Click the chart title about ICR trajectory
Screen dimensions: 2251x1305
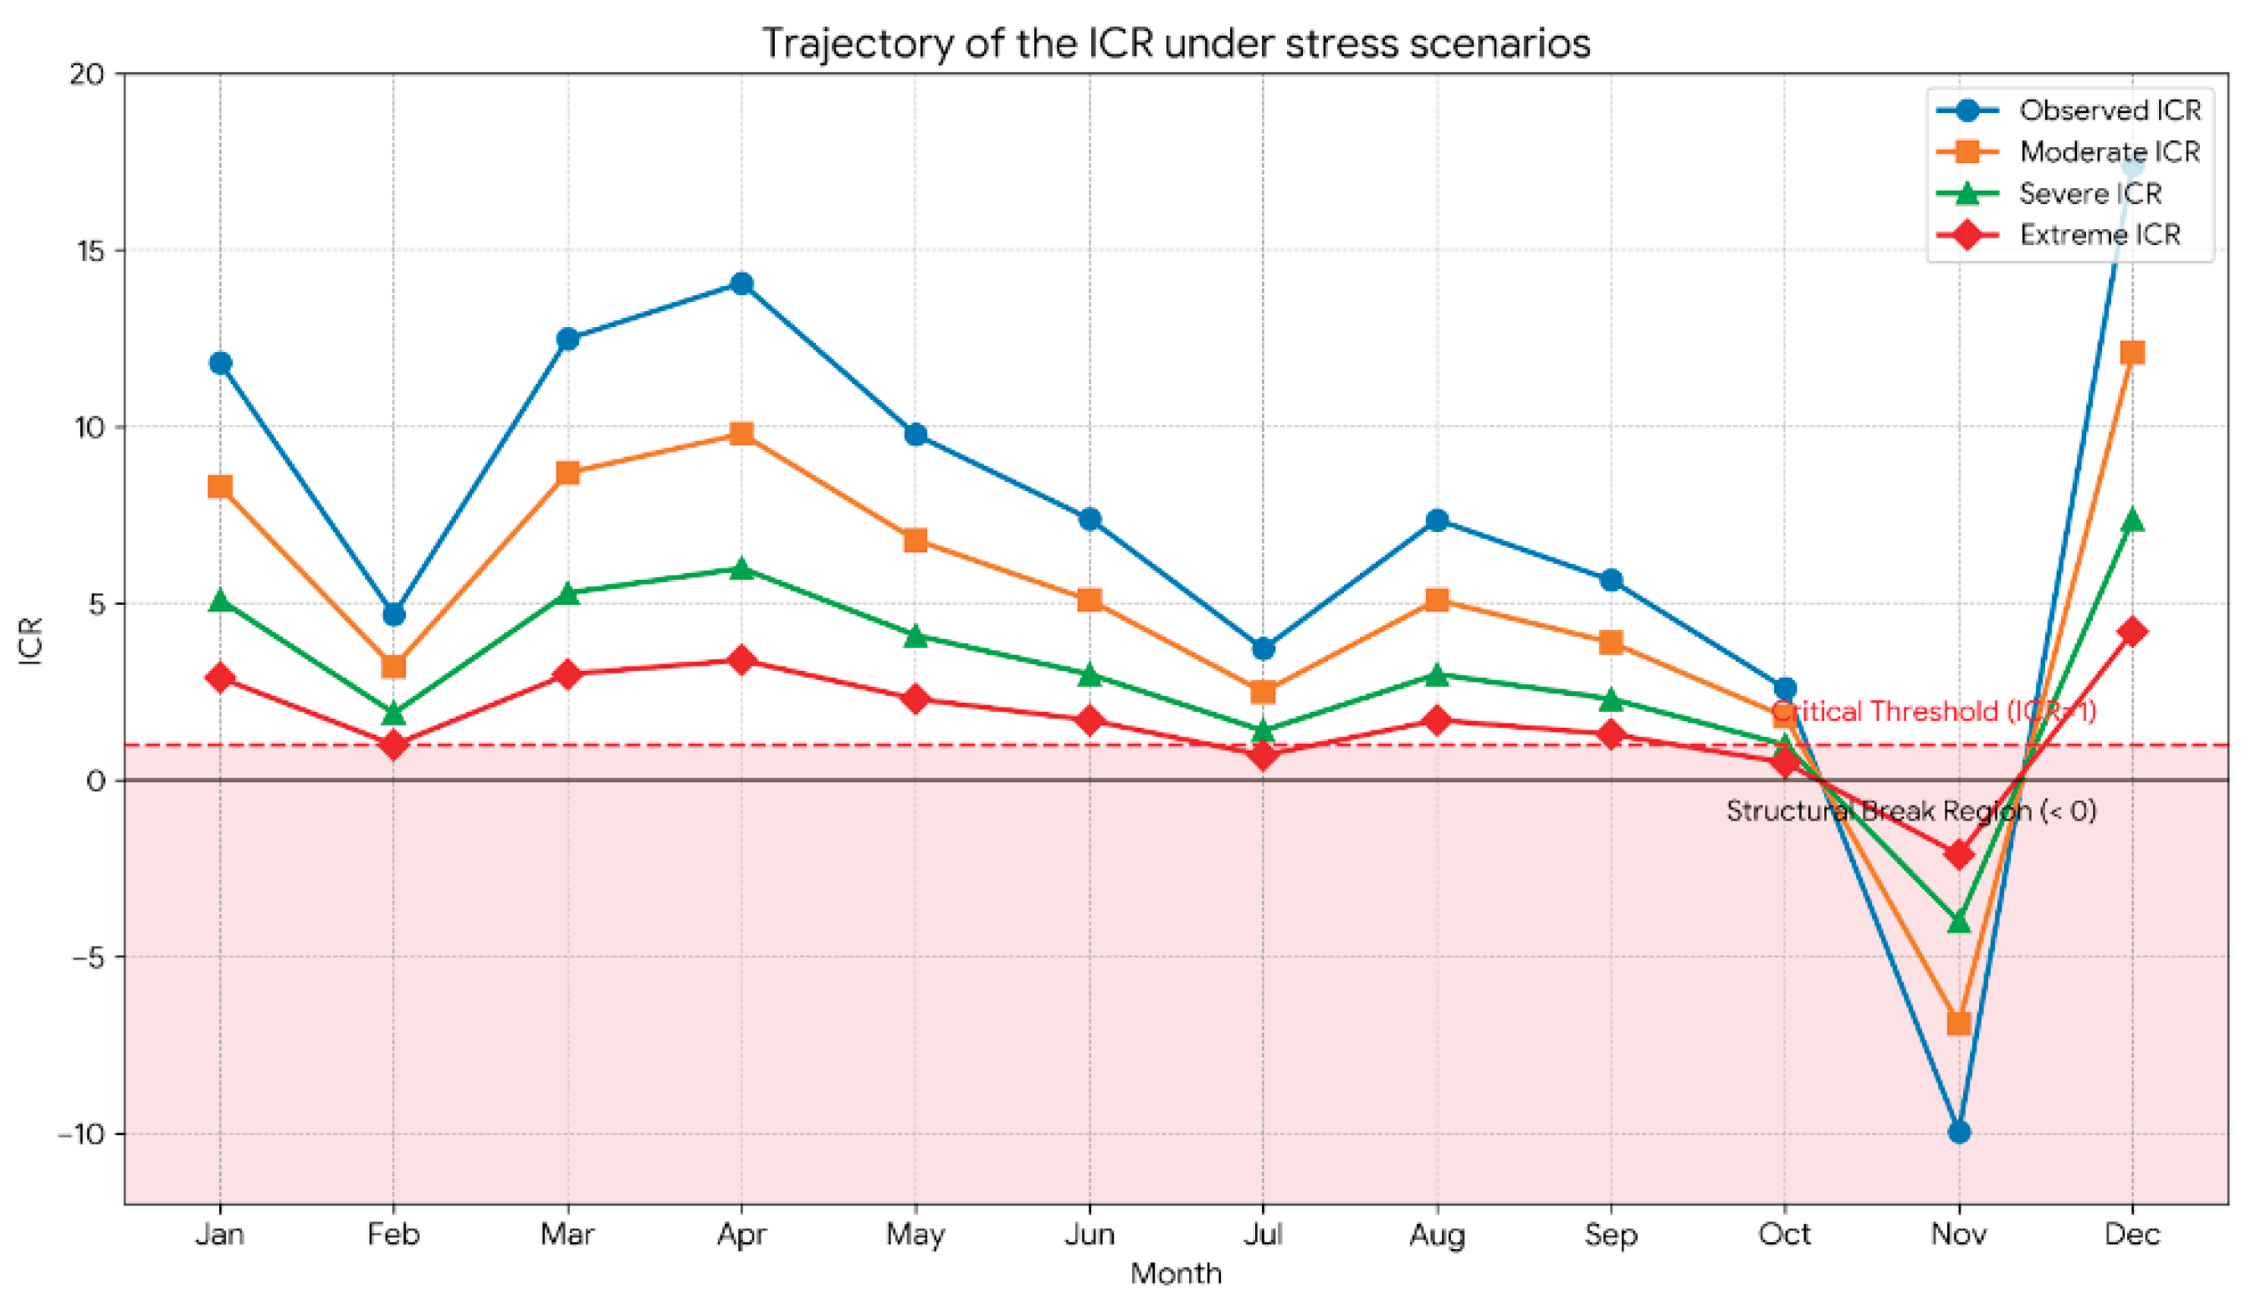tap(1176, 43)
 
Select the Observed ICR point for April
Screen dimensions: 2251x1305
tap(741, 284)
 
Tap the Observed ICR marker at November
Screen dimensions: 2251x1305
tap(1959, 1133)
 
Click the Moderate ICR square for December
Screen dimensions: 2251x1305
tap(2132, 353)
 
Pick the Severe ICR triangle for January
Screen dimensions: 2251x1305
tap(221, 601)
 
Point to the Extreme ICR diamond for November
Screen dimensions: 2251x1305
tap(1959, 855)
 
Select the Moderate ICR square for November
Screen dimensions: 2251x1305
tap(1959, 1023)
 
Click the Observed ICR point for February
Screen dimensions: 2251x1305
tap(394, 615)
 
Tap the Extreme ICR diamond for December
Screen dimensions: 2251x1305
tap(2132, 632)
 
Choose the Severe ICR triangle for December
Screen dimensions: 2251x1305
tap(2132, 519)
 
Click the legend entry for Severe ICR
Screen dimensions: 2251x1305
tap(2049, 193)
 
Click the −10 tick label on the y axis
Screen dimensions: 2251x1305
tap(81, 1134)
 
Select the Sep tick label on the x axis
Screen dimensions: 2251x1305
tap(1611, 1236)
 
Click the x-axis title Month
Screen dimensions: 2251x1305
tap(1176, 1273)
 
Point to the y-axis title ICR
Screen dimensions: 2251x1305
tap(31, 640)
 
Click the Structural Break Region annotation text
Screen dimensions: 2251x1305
tap(1911, 811)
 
